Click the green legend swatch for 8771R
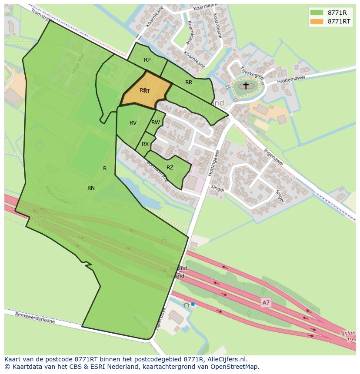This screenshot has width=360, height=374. (317, 12)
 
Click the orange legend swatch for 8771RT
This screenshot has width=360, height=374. (317, 21)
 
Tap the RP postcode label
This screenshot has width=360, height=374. (147, 60)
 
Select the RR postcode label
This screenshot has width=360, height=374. (189, 83)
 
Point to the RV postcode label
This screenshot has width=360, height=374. (133, 123)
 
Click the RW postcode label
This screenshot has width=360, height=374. (156, 122)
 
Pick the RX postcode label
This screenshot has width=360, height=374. (145, 144)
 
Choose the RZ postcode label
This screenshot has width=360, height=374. (170, 168)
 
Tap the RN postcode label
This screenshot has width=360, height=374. (91, 188)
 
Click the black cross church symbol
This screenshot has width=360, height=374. (246, 86)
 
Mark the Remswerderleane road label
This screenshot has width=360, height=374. (35, 318)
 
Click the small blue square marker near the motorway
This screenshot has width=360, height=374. (193, 304)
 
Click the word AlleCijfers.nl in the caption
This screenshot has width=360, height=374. (226, 359)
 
